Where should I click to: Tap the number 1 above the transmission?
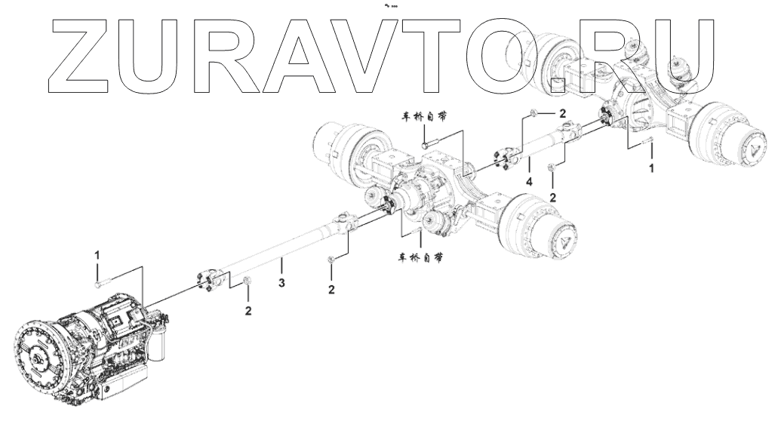click(97, 257)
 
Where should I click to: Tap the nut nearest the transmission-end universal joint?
click(248, 284)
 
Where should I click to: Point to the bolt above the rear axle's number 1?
click(647, 143)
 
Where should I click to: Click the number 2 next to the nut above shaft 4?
click(562, 112)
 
